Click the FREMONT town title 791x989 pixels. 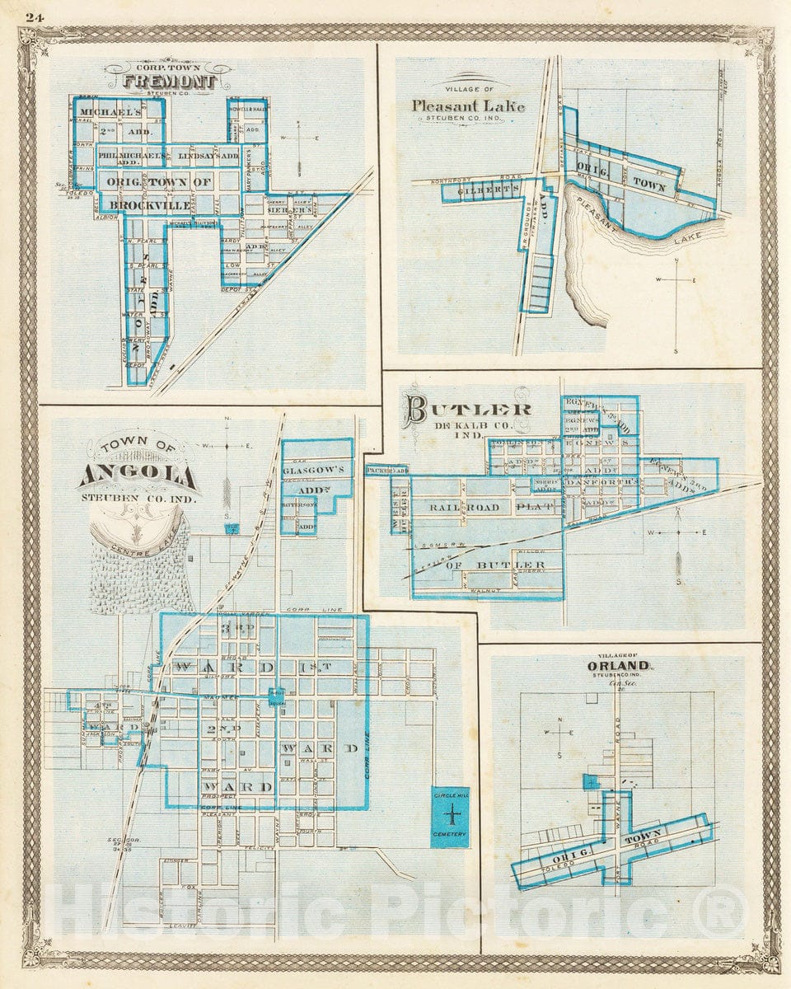(x=170, y=82)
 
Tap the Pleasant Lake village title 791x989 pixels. (x=468, y=105)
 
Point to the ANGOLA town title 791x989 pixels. (x=138, y=476)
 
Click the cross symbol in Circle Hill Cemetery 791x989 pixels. (x=451, y=817)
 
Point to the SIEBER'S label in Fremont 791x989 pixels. (x=286, y=210)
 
